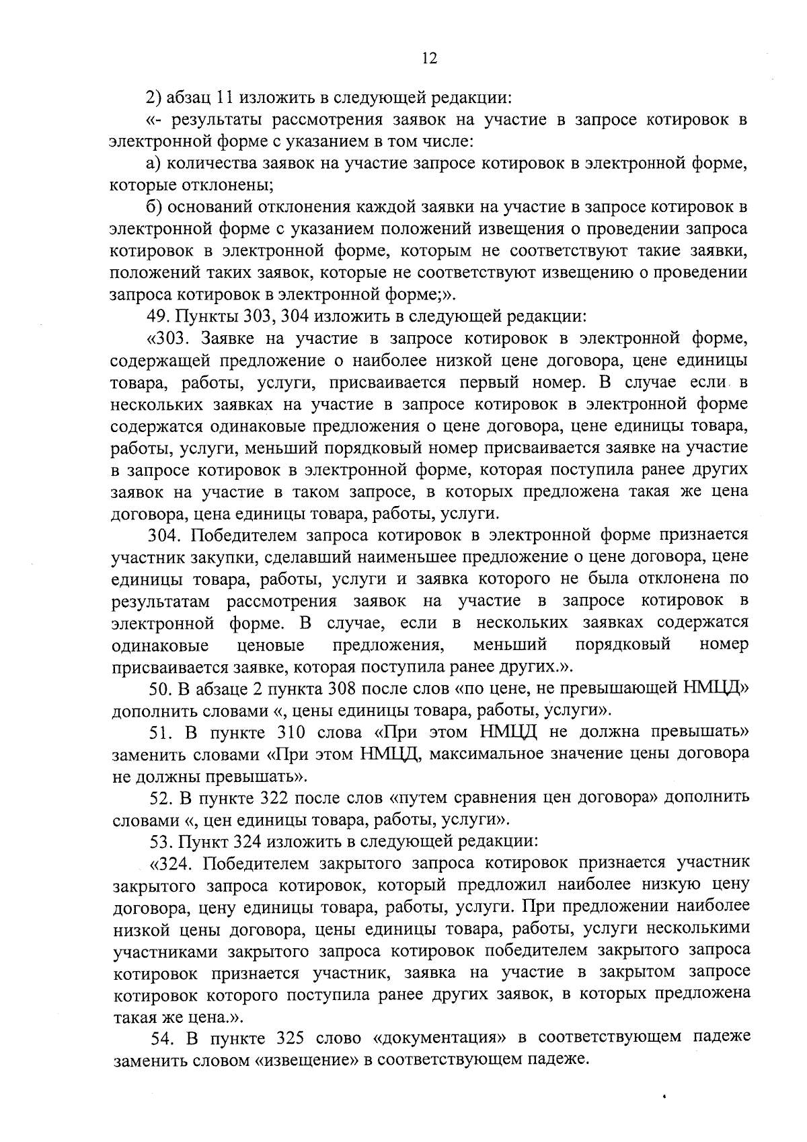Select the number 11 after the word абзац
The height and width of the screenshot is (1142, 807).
coord(224,98)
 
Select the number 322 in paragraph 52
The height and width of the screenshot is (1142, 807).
coord(276,798)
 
